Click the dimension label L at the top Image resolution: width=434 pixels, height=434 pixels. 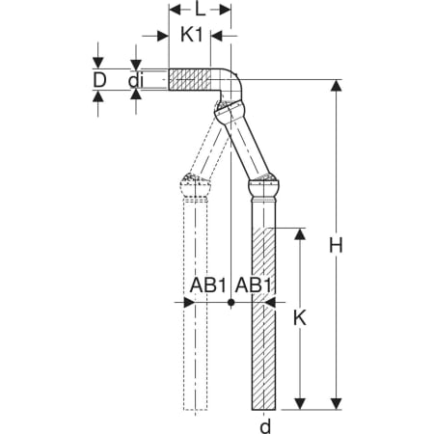tap(200, 10)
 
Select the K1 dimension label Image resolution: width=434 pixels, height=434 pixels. tap(192, 35)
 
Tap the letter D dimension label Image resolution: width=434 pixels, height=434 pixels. tap(99, 80)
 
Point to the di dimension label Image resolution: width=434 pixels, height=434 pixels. tap(135, 81)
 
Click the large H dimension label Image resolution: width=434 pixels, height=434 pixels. tap(336, 246)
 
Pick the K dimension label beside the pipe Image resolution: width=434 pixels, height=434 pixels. tap(300, 318)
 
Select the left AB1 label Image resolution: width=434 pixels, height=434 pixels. tap(208, 285)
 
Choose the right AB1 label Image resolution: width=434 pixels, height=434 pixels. tap(254, 285)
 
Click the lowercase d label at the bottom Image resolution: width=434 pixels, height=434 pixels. tap(265, 426)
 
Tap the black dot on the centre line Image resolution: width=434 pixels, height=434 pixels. tap(231, 302)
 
